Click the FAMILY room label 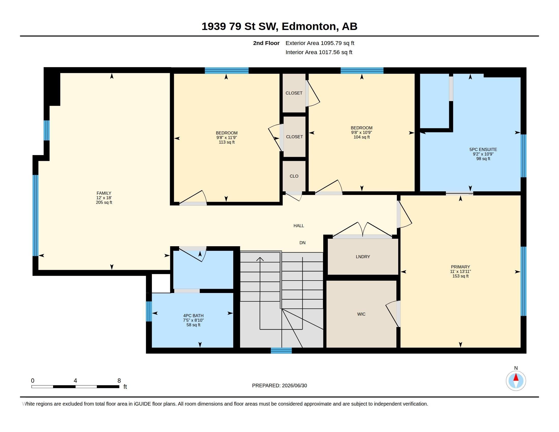pyautogui.click(x=104, y=193)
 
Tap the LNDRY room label pyautogui.click(x=363, y=257)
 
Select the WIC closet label pyautogui.click(x=361, y=314)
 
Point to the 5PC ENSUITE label pyautogui.click(x=483, y=149)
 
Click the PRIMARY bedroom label pyautogui.click(x=460, y=267)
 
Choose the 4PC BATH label pyautogui.click(x=193, y=316)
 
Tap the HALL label pyautogui.click(x=299, y=226)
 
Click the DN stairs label pyautogui.click(x=302, y=243)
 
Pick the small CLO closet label pyautogui.click(x=294, y=176)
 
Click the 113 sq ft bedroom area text pyautogui.click(x=226, y=142)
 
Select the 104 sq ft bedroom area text pyautogui.click(x=361, y=137)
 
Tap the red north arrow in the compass pyautogui.click(x=516, y=377)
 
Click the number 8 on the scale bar pyautogui.click(x=119, y=381)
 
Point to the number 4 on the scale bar pyautogui.click(x=75, y=381)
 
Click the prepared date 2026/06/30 pyautogui.click(x=294, y=385)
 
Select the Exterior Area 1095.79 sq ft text pyautogui.click(x=320, y=43)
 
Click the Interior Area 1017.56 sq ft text pyautogui.click(x=319, y=52)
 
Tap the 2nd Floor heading pyautogui.click(x=266, y=43)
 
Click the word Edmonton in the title pyautogui.click(x=309, y=26)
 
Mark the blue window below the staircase pyautogui.click(x=281, y=350)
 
